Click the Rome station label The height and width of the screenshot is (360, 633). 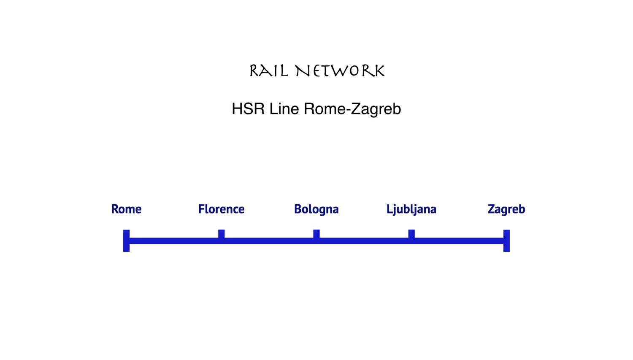pyautogui.click(x=126, y=209)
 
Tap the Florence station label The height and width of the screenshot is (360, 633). pyautogui.click(x=221, y=209)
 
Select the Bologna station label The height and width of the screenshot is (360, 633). pyautogui.click(x=316, y=209)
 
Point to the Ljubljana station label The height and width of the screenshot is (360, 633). pyautogui.click(x=411, y=209)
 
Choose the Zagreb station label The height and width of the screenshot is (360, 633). pyautogui.click(x=506, y=209)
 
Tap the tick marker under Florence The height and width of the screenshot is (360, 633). pyautogui.click(x=221, y=233)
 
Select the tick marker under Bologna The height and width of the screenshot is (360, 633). pyautogui.click(x=316, y=233)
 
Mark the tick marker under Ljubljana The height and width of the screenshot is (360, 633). pyautogui.click(x=411, y=233)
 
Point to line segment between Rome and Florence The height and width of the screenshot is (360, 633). pyautogui.click(x=174, y=241)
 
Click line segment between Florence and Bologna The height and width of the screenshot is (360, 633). pyautogui.click(x=269, y=241)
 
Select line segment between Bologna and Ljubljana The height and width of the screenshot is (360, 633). pyautogui.click(x=364, y=241)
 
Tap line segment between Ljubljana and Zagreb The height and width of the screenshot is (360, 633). pyautogui.click(x=459, y=241)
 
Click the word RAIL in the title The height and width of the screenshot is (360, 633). pyautogui.click(x=269, y=71)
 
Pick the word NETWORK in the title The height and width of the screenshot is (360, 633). pyautogui.click(x=340, y=71)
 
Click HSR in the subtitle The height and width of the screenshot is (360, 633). pyautogui.click(x=248, y=109)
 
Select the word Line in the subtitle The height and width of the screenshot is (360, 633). pyautogui.click(x=284, y=109)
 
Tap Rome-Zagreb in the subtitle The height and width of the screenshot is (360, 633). pyautogui.click(x=352, y=109)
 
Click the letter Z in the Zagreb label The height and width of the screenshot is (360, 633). pyautogui.click(x=491, y=209)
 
